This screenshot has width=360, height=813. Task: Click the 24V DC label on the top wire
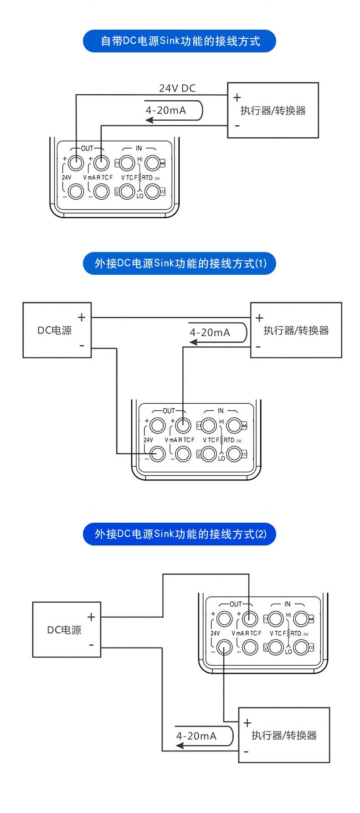pos(177,88)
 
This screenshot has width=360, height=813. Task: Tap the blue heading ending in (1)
pos(180,263)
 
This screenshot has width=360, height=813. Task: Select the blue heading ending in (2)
pos(180,534)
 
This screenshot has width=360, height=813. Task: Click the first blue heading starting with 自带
pos(180,41)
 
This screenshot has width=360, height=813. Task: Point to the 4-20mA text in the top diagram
pos(166,110)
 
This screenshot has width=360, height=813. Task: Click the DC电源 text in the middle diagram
pos(54,330)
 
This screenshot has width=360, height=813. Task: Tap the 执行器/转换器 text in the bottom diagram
pos(284,735)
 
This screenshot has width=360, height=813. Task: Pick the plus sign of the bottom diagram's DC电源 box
pos(91,617)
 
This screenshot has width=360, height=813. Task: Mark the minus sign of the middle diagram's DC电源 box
pos(82,345)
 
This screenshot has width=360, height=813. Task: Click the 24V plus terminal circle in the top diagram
pos(76,162)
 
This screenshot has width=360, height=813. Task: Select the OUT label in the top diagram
pos(87,149)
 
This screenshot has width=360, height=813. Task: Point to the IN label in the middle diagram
pos(221,411)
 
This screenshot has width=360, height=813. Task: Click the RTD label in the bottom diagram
pos(296,633)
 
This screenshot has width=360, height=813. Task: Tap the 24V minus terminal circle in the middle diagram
pos(158,454)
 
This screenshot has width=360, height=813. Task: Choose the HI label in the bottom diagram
pos(288,615)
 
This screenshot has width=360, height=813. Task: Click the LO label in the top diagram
pos(139,196)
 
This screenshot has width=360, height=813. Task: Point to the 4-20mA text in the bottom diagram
pos(196,736)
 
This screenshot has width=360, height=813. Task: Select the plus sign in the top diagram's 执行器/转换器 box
pos(237,98)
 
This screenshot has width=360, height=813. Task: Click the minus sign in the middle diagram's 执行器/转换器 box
pos(258,347)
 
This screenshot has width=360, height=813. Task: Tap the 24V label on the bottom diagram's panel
pos(215,633)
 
